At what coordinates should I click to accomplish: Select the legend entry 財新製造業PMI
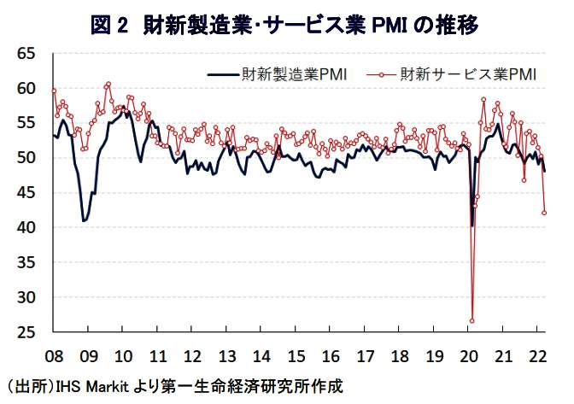coord(290,74)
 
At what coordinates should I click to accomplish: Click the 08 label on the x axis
coord(53,354)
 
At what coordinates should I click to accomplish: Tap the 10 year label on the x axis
coord(123,354)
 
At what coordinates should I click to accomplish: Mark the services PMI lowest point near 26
coord(471,321)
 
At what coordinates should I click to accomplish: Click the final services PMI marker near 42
coord(544,214)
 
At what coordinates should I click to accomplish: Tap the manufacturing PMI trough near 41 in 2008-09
coord(84,220)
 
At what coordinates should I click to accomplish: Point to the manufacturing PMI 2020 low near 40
coord(471,226)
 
